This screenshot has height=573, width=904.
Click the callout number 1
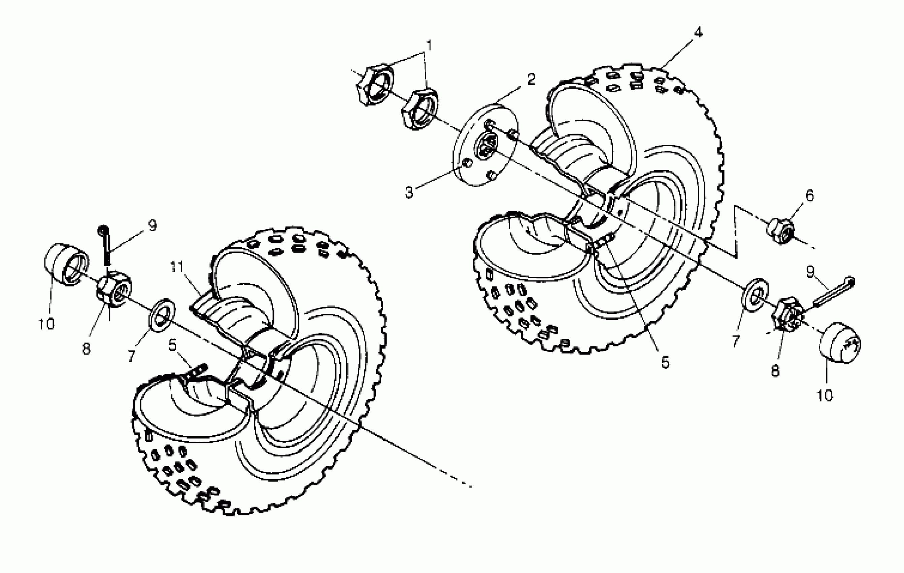(x=429, y=46)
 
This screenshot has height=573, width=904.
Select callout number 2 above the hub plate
(x=531, y=79)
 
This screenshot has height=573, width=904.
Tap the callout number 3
(x=409, y=192)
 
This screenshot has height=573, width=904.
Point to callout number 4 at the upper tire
(x=698, y=32)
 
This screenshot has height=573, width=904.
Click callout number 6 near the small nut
(x=809, y=195)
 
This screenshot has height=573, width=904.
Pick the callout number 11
(x=176, y=267)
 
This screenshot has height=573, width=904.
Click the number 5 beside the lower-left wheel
(x=172, y=345)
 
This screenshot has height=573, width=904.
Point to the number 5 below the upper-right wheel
(x=665, y=362)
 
